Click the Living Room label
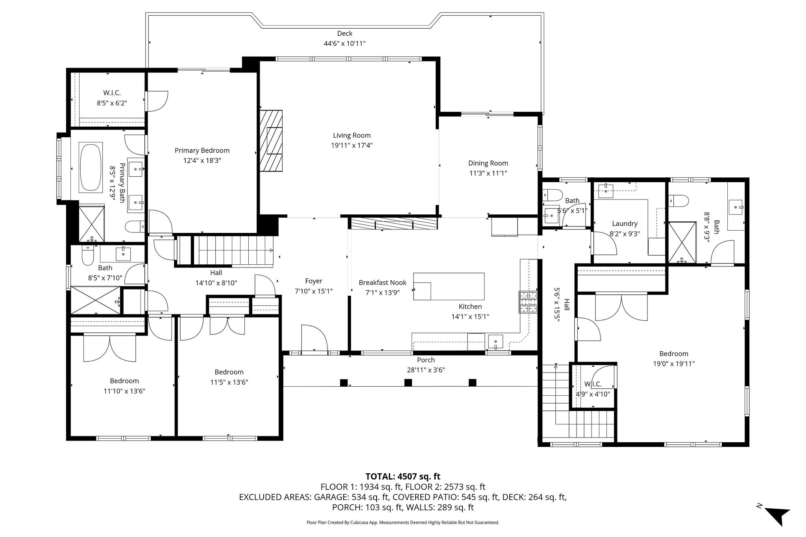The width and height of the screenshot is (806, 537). point(351,135)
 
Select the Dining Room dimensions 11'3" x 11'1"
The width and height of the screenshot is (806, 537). point(488,173)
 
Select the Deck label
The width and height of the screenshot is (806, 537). point(344,33)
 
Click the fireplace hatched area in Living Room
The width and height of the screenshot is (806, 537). point(271,140)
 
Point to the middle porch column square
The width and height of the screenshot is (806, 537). point(408,382)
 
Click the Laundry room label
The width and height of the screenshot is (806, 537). point(625,223)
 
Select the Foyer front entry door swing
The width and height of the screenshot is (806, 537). point(314,338)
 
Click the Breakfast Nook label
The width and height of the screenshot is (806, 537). point(382,282)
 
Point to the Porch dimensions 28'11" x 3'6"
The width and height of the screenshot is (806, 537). point(426,370)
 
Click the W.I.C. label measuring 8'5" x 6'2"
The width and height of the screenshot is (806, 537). point(112,93)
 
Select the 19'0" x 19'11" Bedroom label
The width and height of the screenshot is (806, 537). point(674,354)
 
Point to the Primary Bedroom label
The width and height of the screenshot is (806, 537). point(202,150)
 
